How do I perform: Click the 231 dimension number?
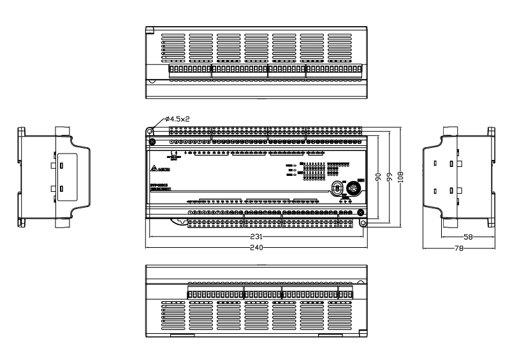click(254, 235)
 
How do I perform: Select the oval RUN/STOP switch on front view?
click(337, 188)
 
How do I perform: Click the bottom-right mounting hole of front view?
click(363, 223)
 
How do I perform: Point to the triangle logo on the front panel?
click(154, 169)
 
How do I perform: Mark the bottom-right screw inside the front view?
click(360, 212)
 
